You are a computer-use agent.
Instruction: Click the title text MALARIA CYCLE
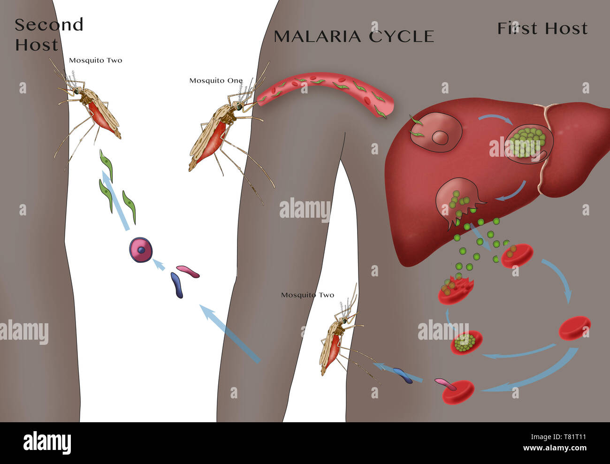354,37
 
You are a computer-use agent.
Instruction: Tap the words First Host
542,28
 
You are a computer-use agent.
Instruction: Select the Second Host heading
49,34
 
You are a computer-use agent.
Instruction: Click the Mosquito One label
216,81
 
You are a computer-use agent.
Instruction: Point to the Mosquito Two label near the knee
307,295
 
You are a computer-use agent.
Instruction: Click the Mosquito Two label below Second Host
95,61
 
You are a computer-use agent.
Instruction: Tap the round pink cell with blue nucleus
141,249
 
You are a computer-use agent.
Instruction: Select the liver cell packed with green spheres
529,144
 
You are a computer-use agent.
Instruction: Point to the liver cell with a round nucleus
436,132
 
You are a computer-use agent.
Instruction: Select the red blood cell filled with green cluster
466,342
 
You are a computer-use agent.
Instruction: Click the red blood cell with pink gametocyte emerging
457,392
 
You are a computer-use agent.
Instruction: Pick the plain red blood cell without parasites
575,328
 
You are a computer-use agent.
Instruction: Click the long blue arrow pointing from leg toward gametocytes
230,334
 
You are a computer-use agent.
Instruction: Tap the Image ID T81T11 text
558,437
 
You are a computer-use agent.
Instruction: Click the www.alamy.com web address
555,448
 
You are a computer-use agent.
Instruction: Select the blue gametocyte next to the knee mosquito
403,376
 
